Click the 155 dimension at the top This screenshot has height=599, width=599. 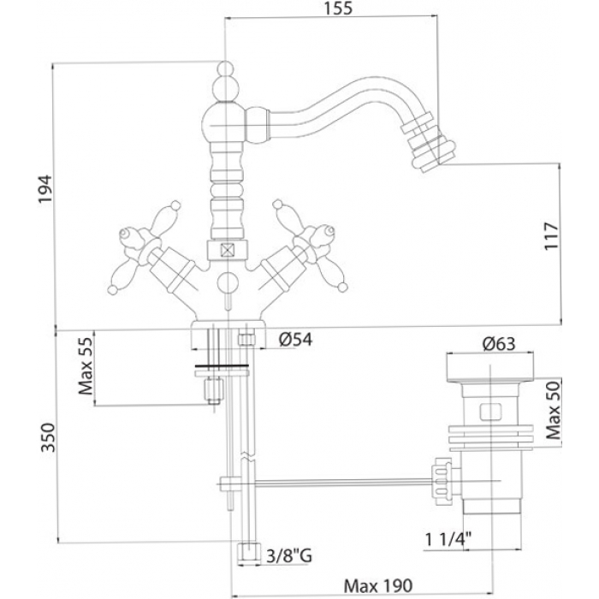pyautogui.click(x=339, y=9)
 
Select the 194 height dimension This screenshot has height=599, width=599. pyautogui.click(x=44, y=189)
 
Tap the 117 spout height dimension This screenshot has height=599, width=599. pyautogui.click(x=551, y=236)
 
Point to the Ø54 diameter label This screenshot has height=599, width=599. pyautogui.click(x=295, y=339)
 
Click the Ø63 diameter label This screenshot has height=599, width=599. pyautogui.click(x=499, y=344)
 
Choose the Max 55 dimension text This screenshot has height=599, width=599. pyautogui.click(x=86, y=365)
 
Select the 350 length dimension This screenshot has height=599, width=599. pyautogui.click(x=48, y=437)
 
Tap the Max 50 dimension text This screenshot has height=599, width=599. pyautogui.click(x=553, y=410)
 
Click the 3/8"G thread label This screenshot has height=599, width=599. pyautogui.click(x=289, y=556)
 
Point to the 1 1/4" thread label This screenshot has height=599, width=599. pyautogui.click(x=448, y=540)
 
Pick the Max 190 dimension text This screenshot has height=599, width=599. pyautogui.click(x=378, y=585)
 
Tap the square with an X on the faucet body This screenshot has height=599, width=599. pyautogui.click(x=227, y=251)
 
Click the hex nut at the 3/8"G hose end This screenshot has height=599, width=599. pyautogui.click(x=248, y=554)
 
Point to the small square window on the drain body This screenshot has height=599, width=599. pyautogui.click(x=489, y=412)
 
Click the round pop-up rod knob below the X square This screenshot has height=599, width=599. pyautogui.click(x=227, y=283)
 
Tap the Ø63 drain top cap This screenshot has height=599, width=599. pyautogui.click(x=489, y=369)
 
